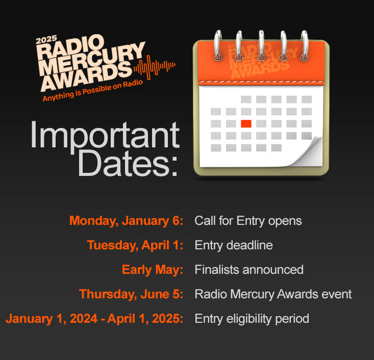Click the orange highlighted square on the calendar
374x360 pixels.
[246, 123]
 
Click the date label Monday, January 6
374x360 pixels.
[126, 221]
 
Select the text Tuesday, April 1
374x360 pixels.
[135, 245]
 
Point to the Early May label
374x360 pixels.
[153, 270]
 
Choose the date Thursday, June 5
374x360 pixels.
[131, 294]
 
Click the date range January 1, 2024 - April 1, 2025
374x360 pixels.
[94, 319]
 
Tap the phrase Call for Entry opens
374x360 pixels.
[248, 221]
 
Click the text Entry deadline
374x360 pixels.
[234, 245]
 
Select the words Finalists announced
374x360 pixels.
[249, 270]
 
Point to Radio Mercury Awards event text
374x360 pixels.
[273, 294]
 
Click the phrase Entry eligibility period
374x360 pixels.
[252, 319]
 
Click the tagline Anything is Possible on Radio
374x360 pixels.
[92, 91]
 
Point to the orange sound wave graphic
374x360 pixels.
[155, 67]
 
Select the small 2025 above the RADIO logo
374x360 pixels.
[46, 40]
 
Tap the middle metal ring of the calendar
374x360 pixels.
[261, 45]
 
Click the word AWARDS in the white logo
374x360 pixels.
[86, 77]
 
